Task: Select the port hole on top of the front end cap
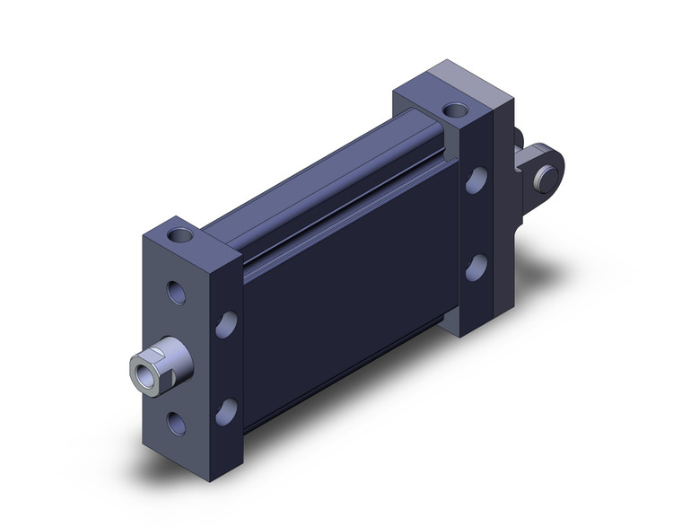(x=181, y=237)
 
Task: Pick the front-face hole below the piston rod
(x=177, y=423)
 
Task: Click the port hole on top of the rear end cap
(x=455, y=112)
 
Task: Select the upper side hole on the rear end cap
(x=476, y=180)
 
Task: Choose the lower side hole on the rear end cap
(x=476, y=267)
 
